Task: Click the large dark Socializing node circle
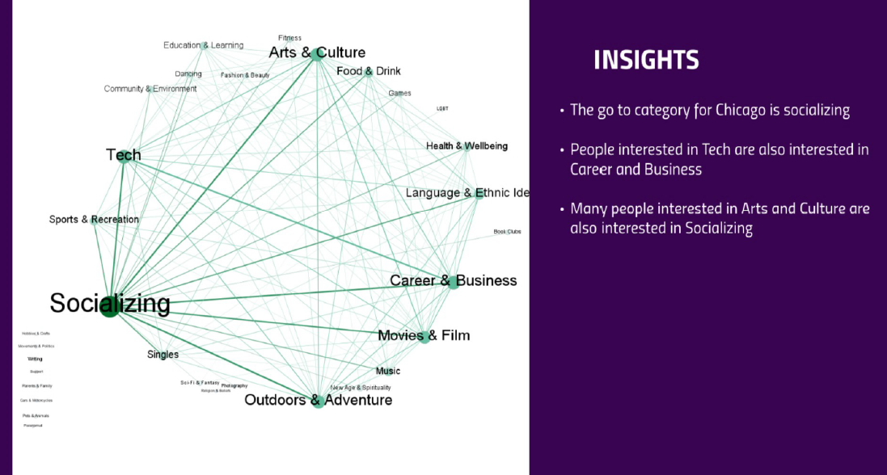[110, 308]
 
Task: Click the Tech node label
[123, 154]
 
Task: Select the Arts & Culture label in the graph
[317, 53]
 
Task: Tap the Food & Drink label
[368, 71]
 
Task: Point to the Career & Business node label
[453, 280]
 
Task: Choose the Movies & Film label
[424, 335]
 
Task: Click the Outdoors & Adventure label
[318, 400]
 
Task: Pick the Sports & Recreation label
[94, 220]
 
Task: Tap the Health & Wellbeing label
[467, 146]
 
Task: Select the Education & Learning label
[203, 45]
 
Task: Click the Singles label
[163, 355]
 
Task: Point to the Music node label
[387, 372]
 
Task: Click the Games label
[399, 94]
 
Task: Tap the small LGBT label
[442, 108]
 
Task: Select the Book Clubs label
[507, 232]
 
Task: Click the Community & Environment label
[150, 89]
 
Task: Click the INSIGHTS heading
[646, 60]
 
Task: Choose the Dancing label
[188, 74]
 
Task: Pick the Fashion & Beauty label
[245, 75]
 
